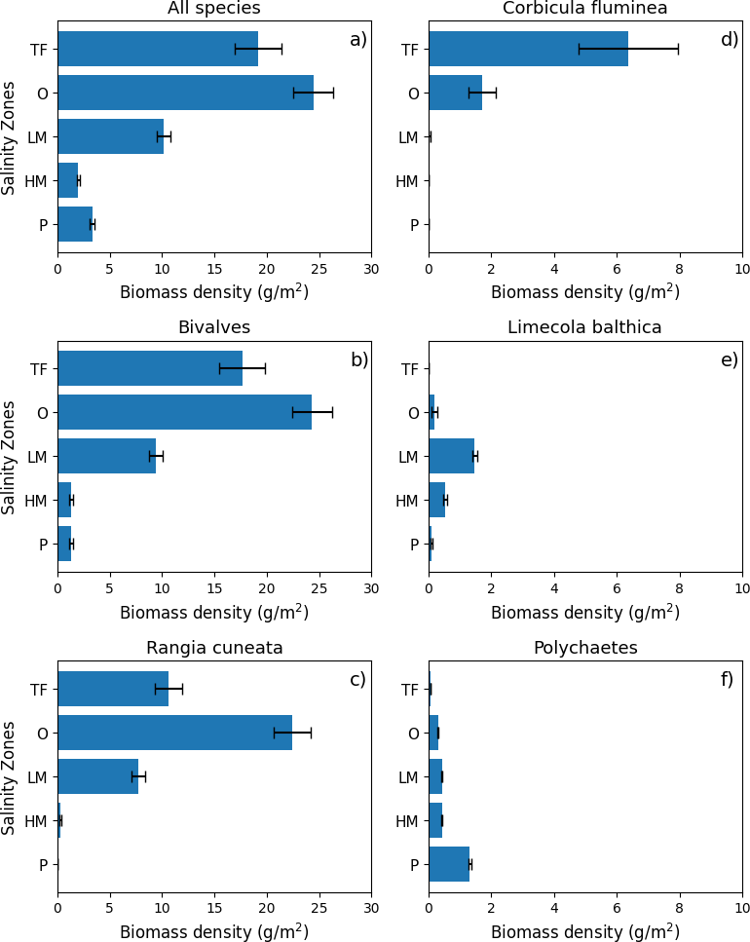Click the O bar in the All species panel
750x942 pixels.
pos(185,93)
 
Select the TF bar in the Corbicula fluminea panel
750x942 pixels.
pos(528,49)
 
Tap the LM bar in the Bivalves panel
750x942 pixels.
pos(106,456)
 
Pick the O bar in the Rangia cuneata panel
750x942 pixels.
pos(174,733)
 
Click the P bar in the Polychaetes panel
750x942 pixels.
pos(449,864)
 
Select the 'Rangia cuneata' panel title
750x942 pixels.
pos(214,648)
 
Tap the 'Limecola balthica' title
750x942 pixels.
pos(584,327)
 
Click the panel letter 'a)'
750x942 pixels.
pos(357,40)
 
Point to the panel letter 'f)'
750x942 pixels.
pos(727,679)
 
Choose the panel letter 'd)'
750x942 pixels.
pos(730,40)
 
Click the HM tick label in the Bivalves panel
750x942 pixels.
pos(36,501)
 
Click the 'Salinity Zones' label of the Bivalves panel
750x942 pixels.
pos(10,457)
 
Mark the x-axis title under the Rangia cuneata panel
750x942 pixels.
pos(214,931)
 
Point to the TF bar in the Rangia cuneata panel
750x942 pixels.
pos(113,689)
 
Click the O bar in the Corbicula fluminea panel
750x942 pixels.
pos(455,93)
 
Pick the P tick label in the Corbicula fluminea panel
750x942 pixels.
pos(414,225)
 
